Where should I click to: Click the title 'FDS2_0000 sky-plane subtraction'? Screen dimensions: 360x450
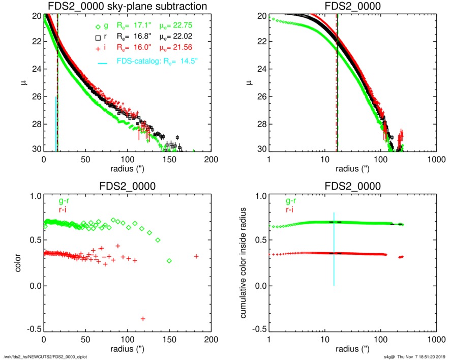(127, 6)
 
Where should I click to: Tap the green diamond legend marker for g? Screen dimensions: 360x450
(98, 25)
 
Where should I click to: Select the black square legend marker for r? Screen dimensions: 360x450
(98, 37)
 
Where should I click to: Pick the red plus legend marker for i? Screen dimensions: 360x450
(98, 48)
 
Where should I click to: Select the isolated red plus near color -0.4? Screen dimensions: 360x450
(143, 319)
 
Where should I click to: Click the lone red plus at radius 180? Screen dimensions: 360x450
(196, 256)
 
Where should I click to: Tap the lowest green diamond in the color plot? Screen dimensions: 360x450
(169, 261)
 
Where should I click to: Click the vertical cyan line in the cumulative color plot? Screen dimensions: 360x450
(334, 249)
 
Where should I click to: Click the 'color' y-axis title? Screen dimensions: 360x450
(19, 263)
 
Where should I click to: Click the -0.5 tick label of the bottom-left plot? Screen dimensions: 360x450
(33, 329)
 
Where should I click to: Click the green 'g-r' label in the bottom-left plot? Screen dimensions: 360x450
(64, 200)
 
